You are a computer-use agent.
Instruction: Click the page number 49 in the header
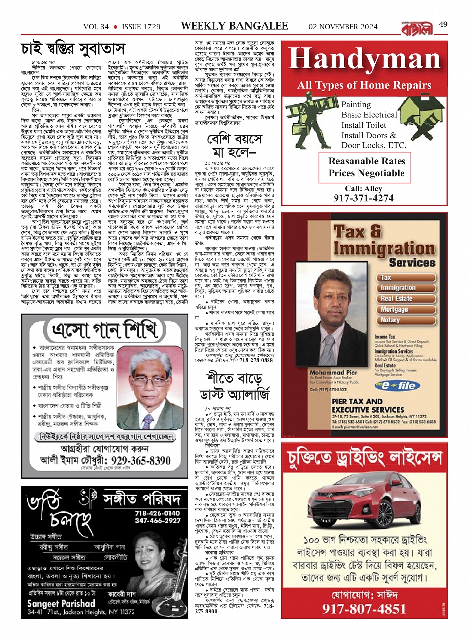[x=443, y=24]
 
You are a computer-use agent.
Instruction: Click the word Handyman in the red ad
[x=365, y=59]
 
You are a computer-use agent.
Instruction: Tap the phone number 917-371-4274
[x=364, y=198]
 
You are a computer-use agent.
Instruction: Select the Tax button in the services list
[x=386, y=277]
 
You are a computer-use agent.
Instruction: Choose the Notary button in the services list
[x=390, y=320]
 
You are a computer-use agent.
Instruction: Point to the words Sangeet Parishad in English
[x=61, y=604]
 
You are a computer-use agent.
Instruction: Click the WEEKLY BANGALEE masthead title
[x=234, y=26]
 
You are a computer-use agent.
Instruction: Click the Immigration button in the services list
[x=398, y=288]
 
